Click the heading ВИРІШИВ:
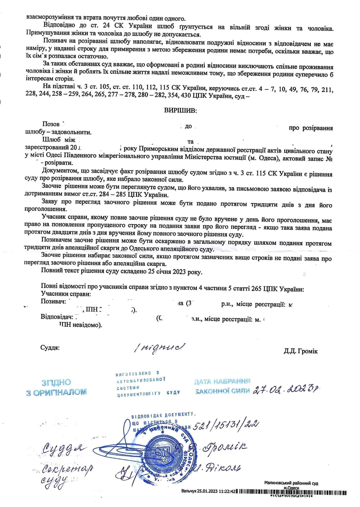point(180,110)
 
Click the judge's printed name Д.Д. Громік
point(301,351)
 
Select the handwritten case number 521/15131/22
point(226,425)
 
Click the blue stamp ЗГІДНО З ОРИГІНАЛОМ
point(56,387)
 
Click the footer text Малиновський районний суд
point(291,483)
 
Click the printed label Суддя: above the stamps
point(50,348)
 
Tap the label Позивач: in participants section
point(53,301)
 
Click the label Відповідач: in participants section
point(57,317)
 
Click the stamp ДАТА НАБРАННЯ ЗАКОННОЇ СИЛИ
point(222,386)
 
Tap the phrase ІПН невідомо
point(81,325)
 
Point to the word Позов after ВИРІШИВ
point(51,124)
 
